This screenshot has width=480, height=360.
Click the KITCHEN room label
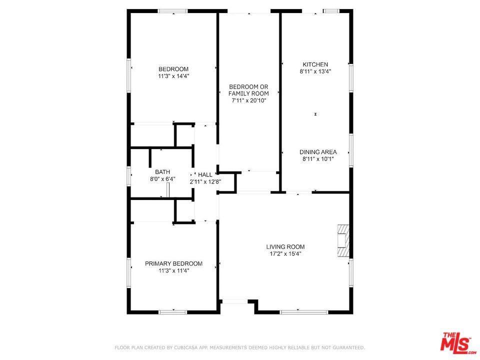click(315, 64)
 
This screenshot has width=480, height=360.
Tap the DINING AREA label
click(318, 152)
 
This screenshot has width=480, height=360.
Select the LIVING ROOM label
click(285, 246)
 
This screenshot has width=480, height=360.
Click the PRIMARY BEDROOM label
click(173, 263)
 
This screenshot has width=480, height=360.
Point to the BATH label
click(162, 172)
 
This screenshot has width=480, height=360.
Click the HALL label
click(205, 174)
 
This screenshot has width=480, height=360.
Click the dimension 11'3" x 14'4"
click(173, 76)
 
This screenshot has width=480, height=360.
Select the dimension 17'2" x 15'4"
click(285, 254)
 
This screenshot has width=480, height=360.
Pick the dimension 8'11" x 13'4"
click(315, 71)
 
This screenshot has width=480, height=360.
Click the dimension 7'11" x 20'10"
click(248, 100)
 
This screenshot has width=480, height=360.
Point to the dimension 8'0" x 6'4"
click(162, 179)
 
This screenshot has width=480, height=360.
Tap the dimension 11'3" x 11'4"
click(173, 270)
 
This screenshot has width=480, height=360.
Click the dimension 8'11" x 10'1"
click(318, 159)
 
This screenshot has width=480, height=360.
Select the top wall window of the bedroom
click(173, 11)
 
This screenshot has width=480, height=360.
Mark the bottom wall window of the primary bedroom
click(173, 312)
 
